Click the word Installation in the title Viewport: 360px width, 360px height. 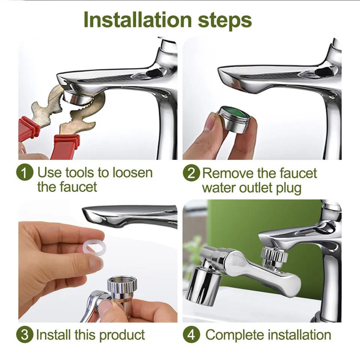(x=138, y=19)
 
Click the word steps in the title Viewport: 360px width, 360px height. (x=225, y=21)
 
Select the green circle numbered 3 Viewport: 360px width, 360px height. (x=25, y=335)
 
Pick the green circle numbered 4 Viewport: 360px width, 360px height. (x=192, y=335)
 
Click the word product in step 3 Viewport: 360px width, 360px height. (x=122, y=335)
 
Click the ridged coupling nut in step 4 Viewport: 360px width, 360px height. (x=274, y=255)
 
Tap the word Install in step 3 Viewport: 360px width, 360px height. (x=53, y=335)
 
